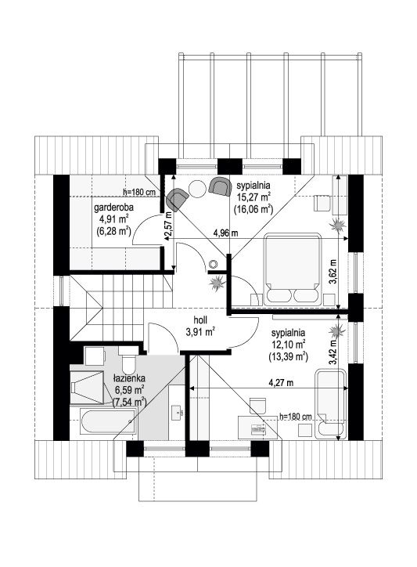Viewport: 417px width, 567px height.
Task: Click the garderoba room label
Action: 113,208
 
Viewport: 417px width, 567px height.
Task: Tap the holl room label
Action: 200,320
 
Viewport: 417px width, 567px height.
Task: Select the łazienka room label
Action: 129,378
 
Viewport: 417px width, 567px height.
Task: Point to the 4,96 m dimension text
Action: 226,233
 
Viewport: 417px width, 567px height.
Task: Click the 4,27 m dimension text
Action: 280,383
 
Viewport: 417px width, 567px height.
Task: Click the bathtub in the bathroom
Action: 109,423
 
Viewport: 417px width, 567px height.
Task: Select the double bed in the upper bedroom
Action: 293,269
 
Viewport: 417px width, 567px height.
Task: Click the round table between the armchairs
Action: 198,189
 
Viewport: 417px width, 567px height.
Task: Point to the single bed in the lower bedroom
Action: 330,403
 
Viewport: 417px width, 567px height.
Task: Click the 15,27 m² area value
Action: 254,197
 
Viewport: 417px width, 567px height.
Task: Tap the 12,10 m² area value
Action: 288,342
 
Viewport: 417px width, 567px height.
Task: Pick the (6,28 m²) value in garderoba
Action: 113,231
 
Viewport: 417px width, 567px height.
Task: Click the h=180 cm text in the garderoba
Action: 138,193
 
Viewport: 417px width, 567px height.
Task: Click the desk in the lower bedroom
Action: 258,428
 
